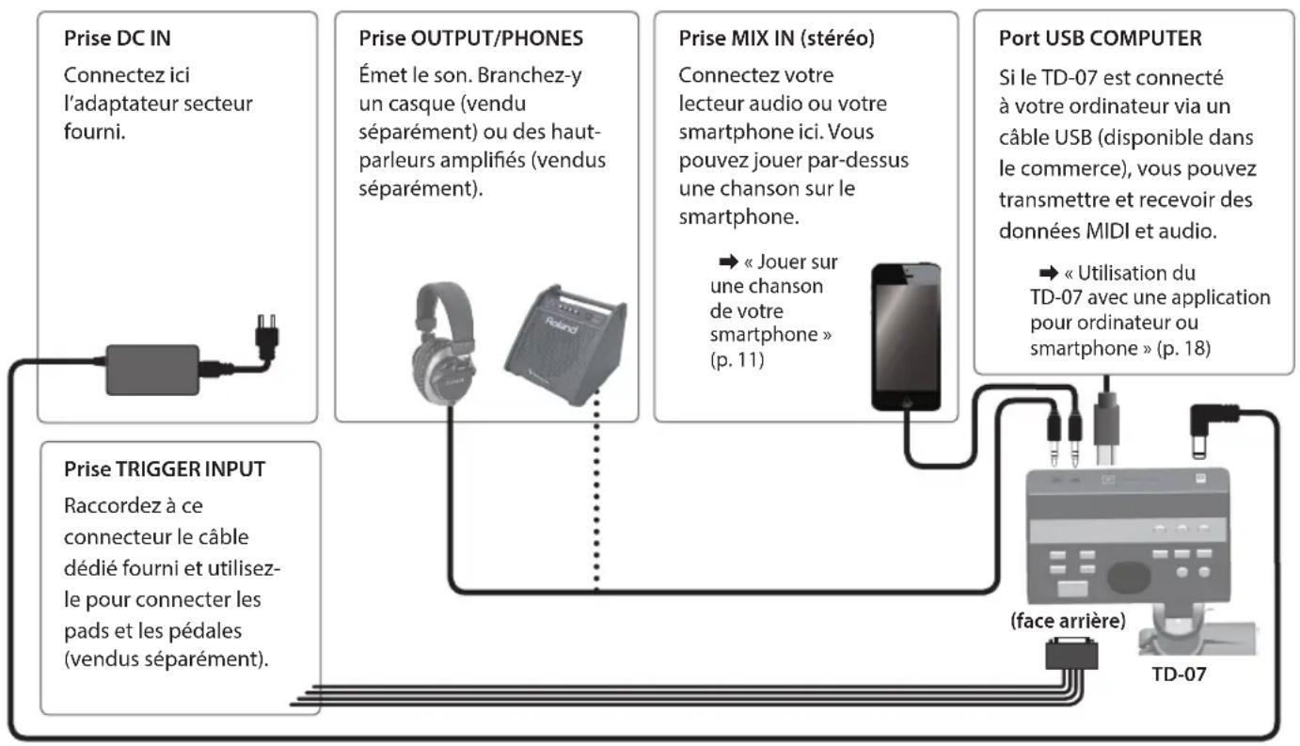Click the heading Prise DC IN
[x=118, y=39]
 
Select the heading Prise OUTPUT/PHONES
[x=470, y=39]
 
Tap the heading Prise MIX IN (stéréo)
[x=776, y=39]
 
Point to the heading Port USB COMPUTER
[x=1100, y=39]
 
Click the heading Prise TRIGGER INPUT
[x=165, y=469]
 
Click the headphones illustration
[x=444, y=342]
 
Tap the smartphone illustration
[x=906, y=337]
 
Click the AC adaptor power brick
[x=152, y=370]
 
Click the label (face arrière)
[x=1068, y=621]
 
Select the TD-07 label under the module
[x=1179, y=674]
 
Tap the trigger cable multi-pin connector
[x=1071, y=654]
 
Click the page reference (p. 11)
[x=737, y=360]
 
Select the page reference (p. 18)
[x=1183, y=348]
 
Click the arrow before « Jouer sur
[x=728, y=262]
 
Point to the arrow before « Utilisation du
[x=1049, y=272]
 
